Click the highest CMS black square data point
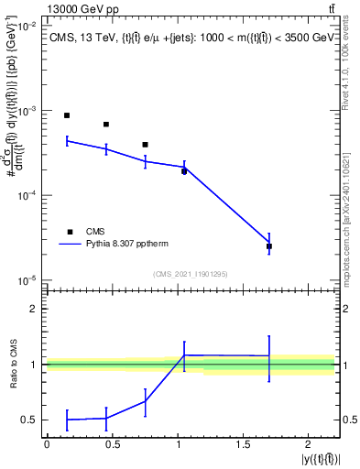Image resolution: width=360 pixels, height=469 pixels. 67,115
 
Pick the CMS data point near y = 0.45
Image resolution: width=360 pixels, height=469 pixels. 106,125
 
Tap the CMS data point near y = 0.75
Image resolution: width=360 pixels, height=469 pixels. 145,145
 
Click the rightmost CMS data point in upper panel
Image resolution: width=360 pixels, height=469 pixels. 269,246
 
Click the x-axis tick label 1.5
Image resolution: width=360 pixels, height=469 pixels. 244,444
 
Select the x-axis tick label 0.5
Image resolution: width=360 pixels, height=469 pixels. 112,444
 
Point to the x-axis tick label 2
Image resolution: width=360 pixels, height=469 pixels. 309,444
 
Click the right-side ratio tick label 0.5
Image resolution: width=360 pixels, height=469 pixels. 350,420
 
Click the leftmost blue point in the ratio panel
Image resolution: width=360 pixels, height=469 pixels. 67,420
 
